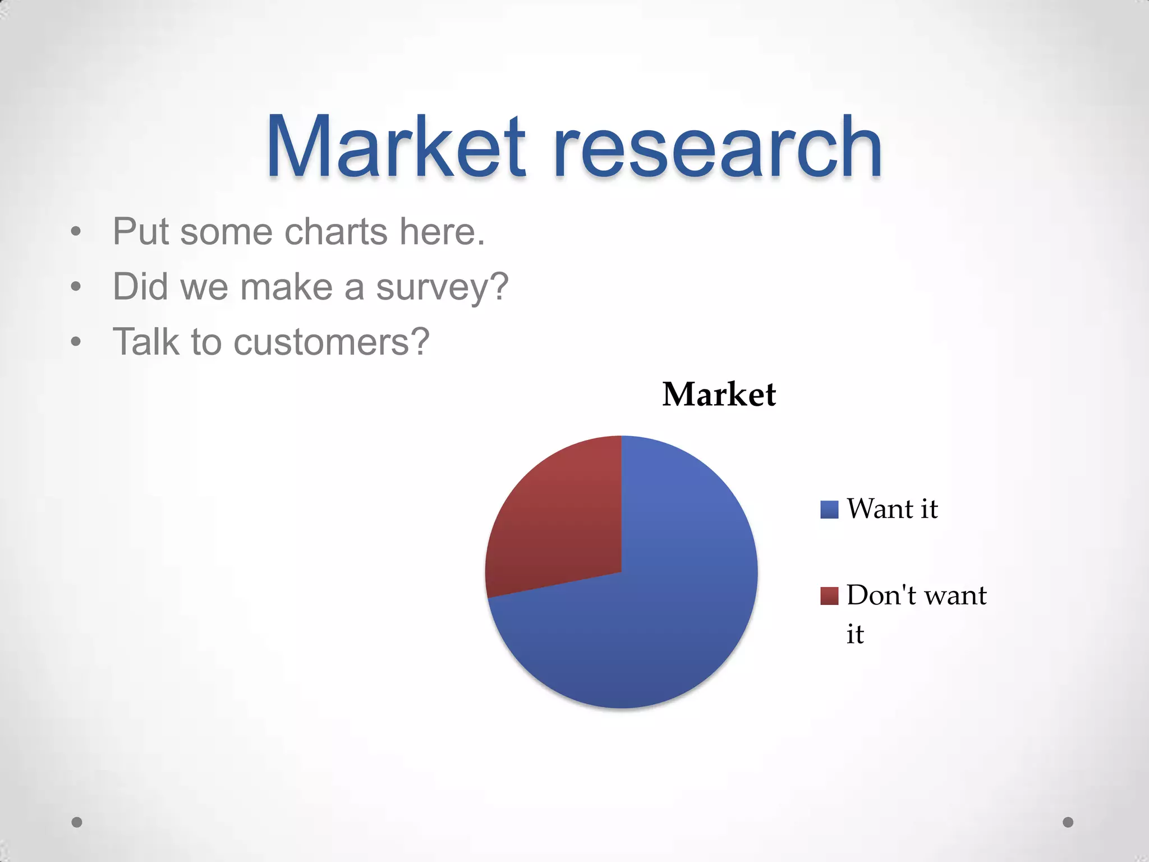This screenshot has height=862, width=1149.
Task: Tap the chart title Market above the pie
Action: (719, 394)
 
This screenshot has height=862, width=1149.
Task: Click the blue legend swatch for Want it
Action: (829, 510)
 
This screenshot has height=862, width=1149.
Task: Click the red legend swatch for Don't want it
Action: (829, 595)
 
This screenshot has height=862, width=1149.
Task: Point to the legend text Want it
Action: (892, 509)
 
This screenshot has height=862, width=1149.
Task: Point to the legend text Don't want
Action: (916, 595)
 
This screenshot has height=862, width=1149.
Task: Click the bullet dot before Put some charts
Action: (76, 232)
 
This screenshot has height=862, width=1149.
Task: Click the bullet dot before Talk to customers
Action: (76, 342)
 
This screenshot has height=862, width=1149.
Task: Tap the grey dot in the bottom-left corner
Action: (77, 822)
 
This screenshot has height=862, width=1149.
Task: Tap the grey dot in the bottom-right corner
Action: (1068, 822)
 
